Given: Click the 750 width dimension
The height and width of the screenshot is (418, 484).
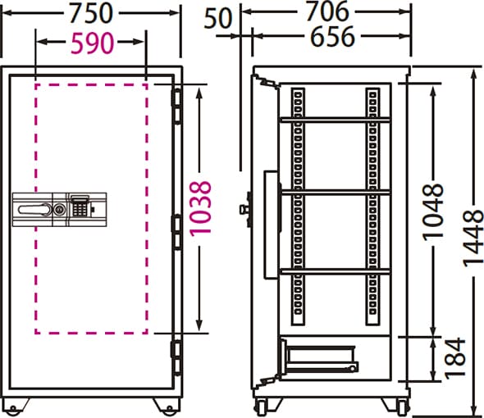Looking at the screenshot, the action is [x=90, y=13].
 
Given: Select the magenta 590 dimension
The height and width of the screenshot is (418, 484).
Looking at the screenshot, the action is [x=93, y=43].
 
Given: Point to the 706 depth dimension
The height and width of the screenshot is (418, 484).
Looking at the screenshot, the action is [x=328, y=11].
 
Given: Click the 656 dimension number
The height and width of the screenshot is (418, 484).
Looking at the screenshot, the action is [x=332, y=36].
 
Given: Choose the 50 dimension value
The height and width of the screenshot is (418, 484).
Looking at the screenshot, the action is [x=217, y=18].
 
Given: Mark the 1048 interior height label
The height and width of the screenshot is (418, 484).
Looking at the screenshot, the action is [x=433, y=212].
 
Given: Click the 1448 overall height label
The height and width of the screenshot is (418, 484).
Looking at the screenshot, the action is [x=473, y=238].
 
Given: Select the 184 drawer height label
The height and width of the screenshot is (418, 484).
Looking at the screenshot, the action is [x=454, y=358].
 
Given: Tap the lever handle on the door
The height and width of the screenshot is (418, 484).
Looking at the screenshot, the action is [x=34, y=210].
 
